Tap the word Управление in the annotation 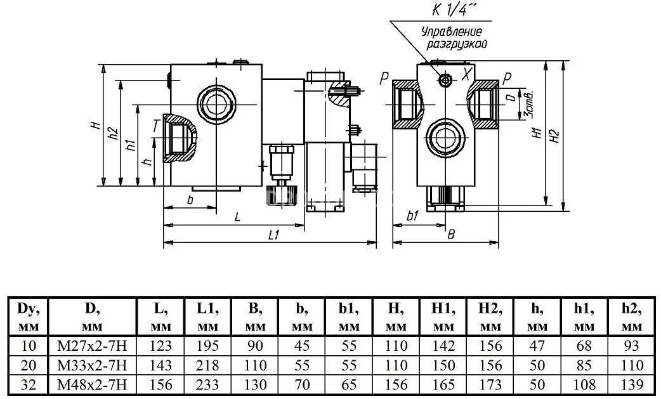452,32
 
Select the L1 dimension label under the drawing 273,235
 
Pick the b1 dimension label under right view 413,216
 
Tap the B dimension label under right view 451,235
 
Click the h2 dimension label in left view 114,133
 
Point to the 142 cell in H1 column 443,346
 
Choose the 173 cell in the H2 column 490,384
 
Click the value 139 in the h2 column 631,384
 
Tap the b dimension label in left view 190,200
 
